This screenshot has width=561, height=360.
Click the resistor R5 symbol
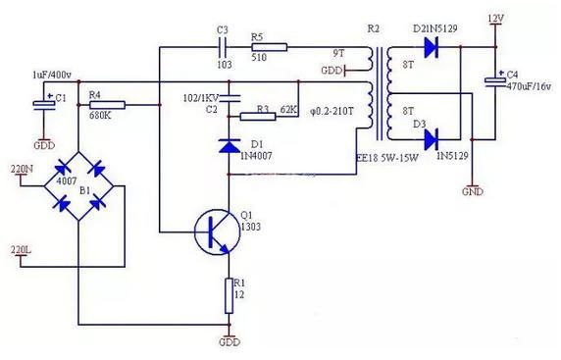[x=269, y=45]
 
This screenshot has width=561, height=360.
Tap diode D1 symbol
[x=228, y=147]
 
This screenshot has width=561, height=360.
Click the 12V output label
[x=497, y=18]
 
